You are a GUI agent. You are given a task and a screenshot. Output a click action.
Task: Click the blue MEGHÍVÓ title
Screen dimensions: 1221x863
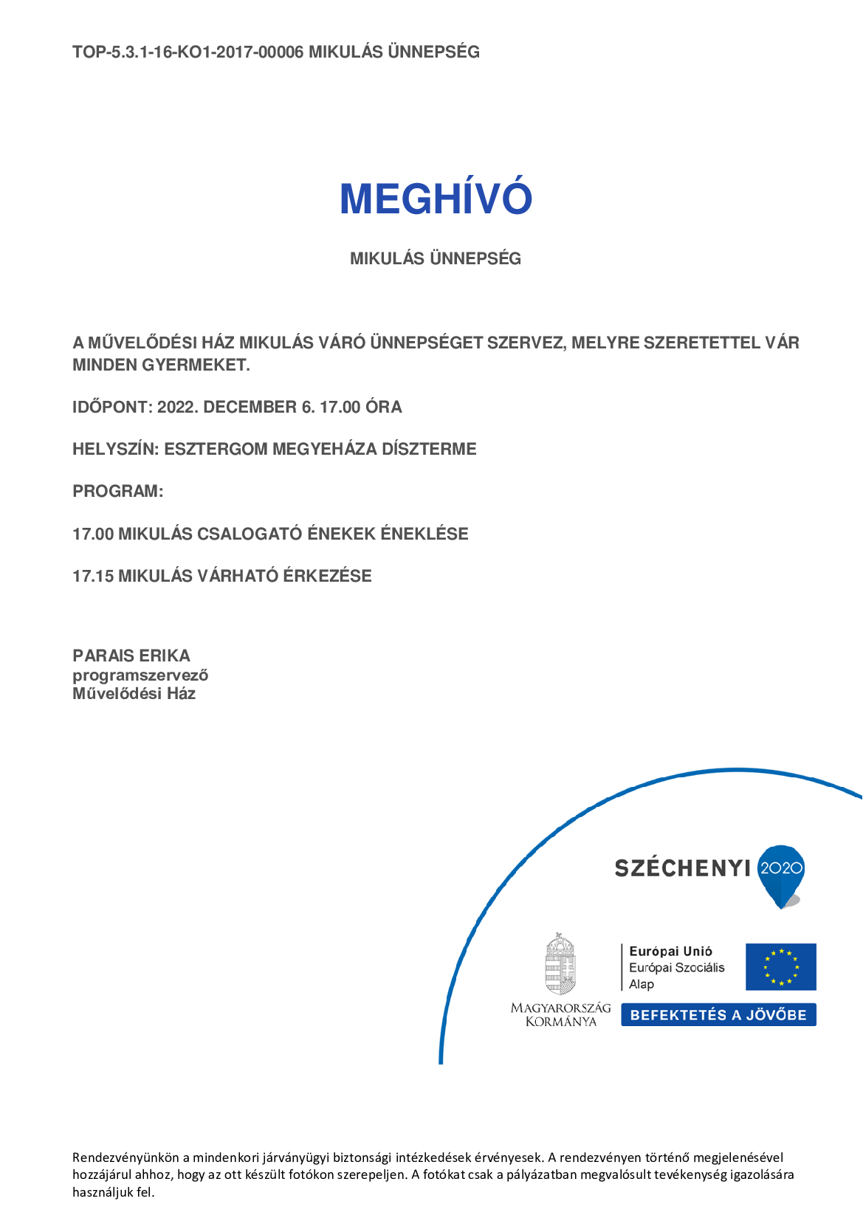click(436, 199)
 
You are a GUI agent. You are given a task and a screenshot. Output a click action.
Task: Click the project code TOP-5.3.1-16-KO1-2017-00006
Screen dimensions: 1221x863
click(188, 52)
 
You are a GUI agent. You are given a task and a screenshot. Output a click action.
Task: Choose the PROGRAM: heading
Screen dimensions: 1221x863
click(117, 491)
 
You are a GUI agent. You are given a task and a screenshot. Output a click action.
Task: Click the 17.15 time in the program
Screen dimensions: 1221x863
click(93, 576)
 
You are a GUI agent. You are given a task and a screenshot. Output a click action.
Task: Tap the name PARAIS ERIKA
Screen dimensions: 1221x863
click(131, 656)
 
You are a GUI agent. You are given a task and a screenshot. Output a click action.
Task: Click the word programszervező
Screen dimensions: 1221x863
click(140, 675)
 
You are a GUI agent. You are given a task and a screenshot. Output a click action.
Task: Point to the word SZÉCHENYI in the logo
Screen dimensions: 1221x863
click(682, 868)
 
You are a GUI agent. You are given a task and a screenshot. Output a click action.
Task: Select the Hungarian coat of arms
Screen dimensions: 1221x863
click(560, 964)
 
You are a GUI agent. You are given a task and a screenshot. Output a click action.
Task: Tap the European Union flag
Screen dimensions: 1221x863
click(780, 966)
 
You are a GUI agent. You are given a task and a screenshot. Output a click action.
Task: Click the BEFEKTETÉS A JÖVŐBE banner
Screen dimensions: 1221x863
click(718, 1015)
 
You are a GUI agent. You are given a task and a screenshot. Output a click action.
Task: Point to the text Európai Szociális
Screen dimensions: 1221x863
click(676, 968)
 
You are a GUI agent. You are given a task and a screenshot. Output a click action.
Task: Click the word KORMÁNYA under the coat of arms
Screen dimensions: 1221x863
click(560, 1022)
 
